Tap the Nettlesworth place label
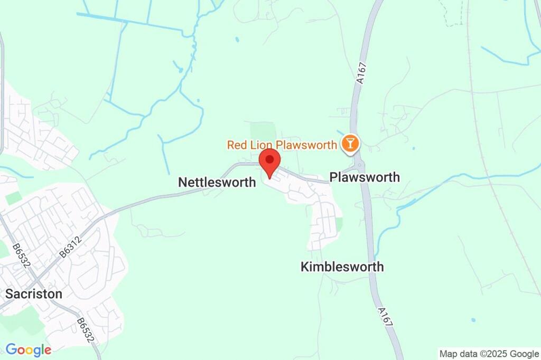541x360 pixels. click(217, 182)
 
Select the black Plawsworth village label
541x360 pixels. click(365, 177)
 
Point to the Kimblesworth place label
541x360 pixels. click(342, 267)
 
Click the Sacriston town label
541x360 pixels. click(34, 294)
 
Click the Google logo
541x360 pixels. click(28, 349)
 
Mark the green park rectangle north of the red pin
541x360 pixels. click(263, 132)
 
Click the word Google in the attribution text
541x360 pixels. click(524, 354)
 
